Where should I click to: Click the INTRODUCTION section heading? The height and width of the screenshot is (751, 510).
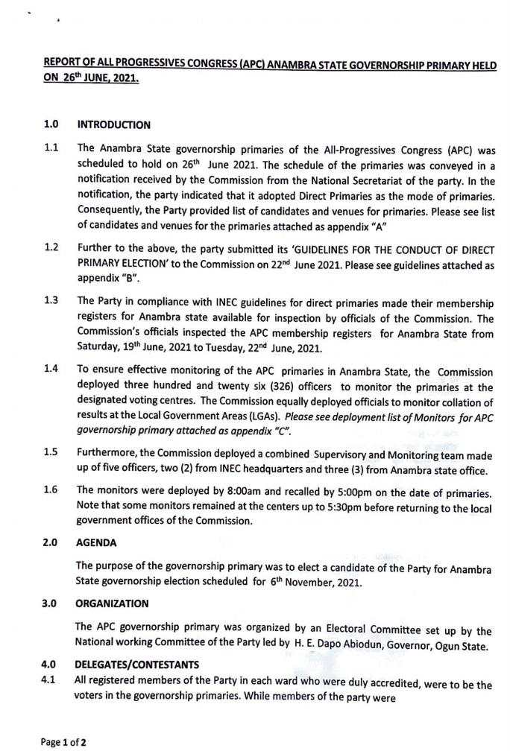point(113,124)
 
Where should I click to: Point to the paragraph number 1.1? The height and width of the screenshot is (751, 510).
point(51,148)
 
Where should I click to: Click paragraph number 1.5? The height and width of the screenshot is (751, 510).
point(51,451)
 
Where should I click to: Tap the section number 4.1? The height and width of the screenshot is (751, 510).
point(51,674)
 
